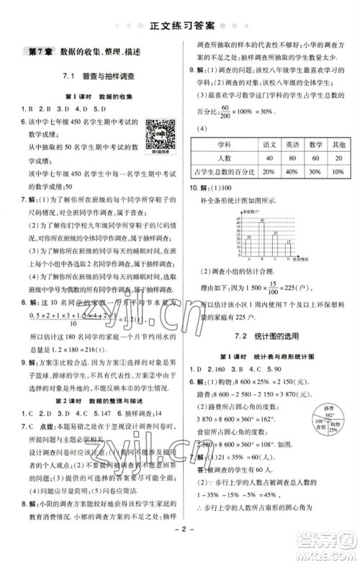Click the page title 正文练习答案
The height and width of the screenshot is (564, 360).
point(180,29)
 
